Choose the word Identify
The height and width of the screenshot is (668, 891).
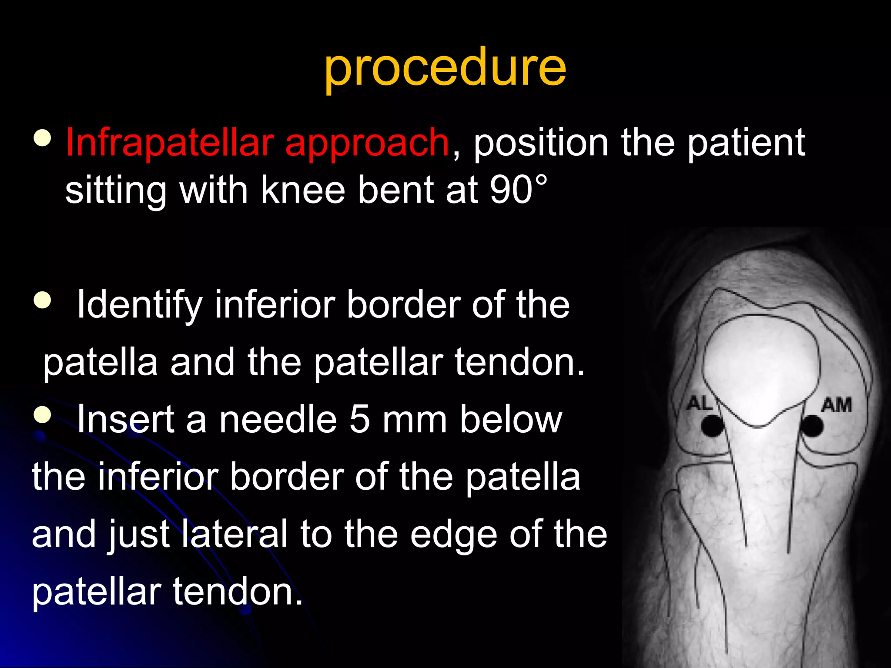pos(139,306)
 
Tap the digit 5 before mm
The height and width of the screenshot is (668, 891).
pos(359,420)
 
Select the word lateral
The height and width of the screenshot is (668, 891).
pos(235,534)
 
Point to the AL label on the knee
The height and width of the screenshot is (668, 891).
pos(699,404)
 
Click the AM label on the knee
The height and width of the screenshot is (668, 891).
pos(836,405)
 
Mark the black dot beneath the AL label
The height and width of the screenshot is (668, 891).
pos(712,426)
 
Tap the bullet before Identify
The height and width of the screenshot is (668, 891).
pos(42,300)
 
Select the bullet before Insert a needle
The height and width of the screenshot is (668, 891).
pos(42,414)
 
